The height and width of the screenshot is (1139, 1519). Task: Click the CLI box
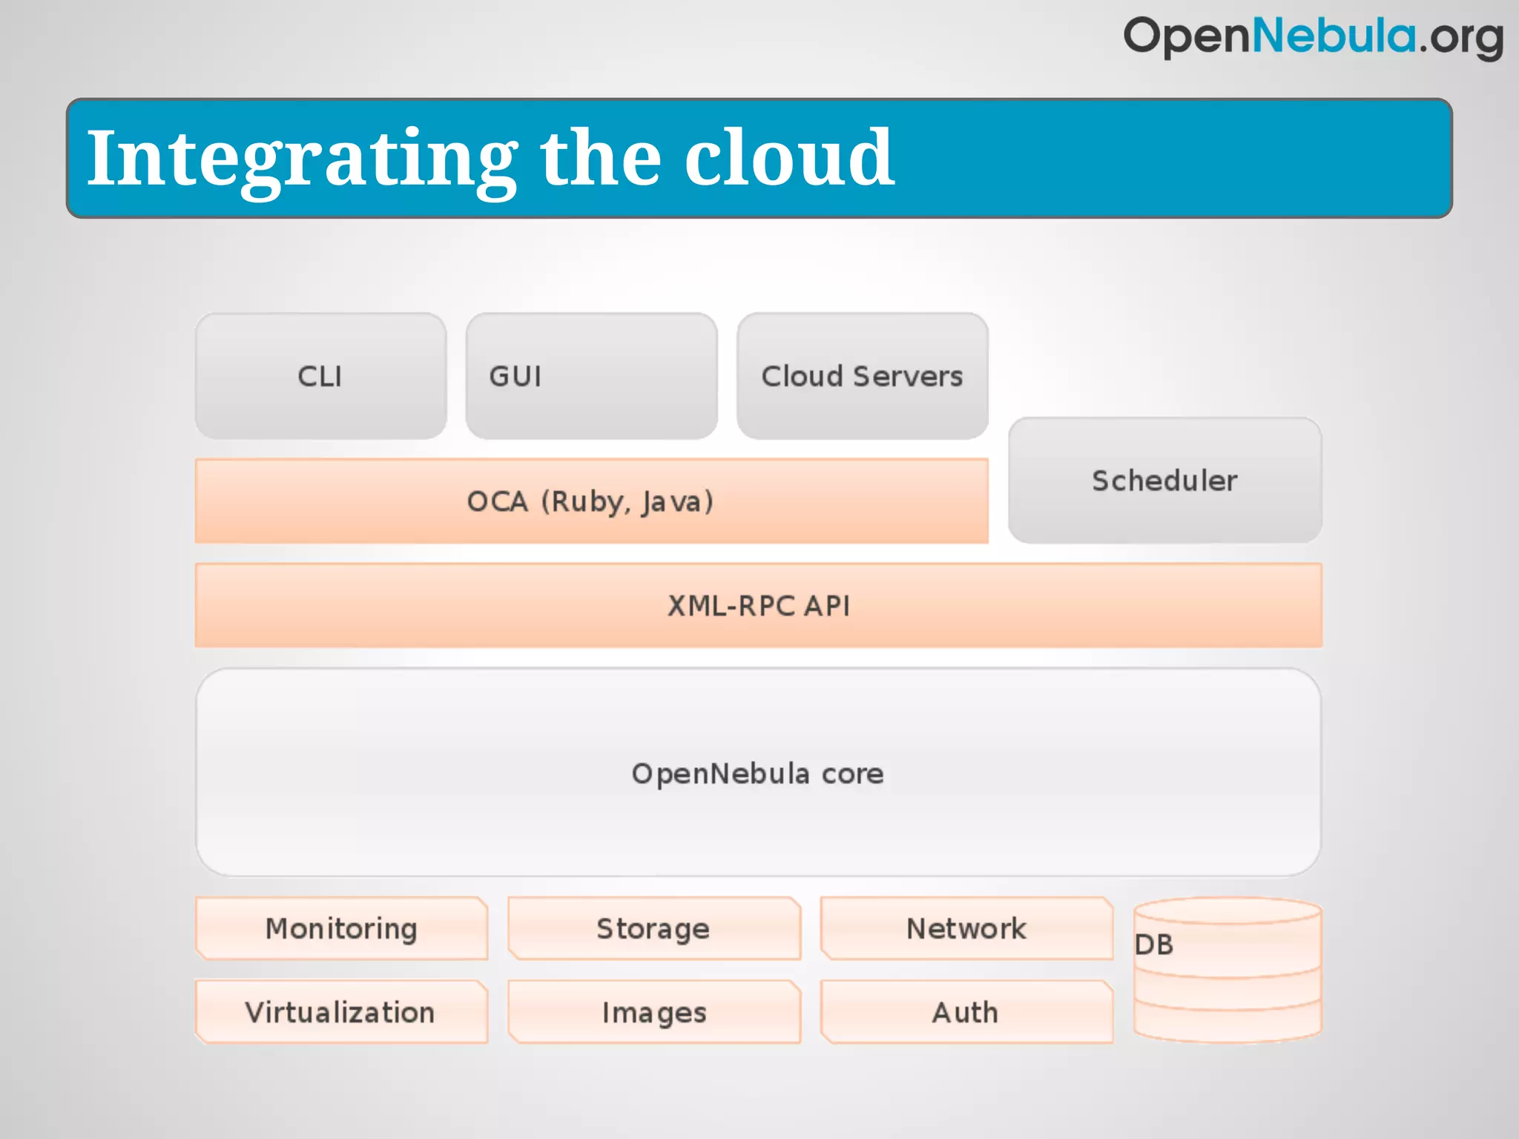point(320,376)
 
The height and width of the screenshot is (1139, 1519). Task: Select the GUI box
point(591,376)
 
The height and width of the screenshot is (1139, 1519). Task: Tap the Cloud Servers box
point(862,376)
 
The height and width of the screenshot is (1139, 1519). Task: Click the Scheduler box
point(1164,481)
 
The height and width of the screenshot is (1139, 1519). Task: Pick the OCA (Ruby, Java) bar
point(590,501)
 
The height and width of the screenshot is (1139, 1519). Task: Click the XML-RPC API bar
point(758,606)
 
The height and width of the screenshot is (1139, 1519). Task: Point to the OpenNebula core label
point(757,773)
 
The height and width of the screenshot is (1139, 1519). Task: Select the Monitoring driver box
point(341,928)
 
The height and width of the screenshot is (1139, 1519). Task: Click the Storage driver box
point(653,928)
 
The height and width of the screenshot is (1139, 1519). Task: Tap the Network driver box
point(966,928)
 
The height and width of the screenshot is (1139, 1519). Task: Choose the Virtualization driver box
point(340,1012)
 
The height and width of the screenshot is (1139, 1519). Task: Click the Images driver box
point(653,1012)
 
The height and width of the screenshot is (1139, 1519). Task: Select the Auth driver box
point(966,1012)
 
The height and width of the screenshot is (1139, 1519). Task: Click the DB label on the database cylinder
point(1154,945)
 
